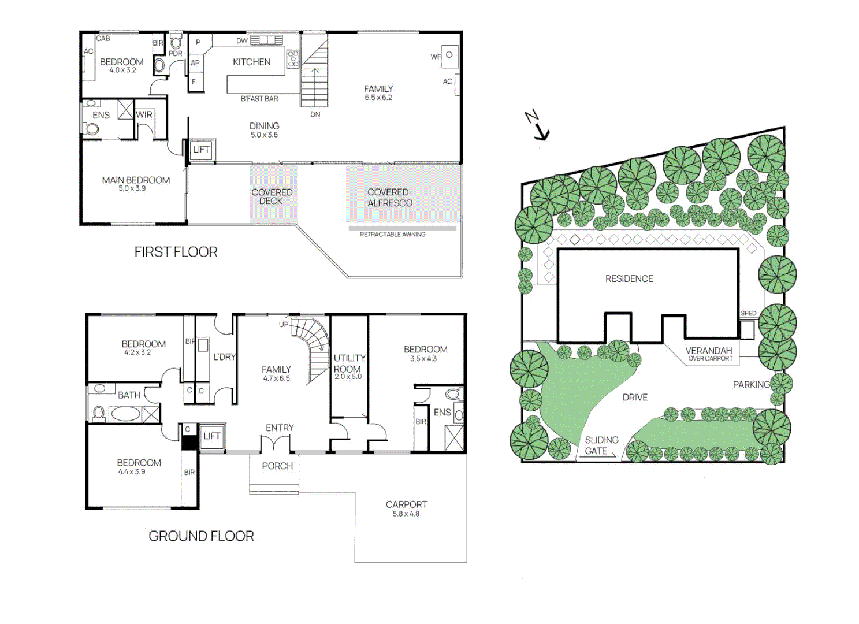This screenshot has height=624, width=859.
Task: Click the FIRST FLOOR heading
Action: pyautogui.click(x=176, y=252)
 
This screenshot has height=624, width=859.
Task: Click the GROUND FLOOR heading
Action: pyautogui.click(x=201, y=536)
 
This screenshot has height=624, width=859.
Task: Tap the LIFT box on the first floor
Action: pyautogui.click(x=202, y=150)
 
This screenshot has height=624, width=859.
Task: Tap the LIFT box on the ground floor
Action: pyautogui.click(x=211, y=436)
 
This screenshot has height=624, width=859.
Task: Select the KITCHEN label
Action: pyautogui.click(x=251, y=62)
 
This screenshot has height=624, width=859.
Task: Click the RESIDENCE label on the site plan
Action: pyautogui.click(x=629, y=278)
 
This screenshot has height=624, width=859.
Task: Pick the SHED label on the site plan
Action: pyautogui.click(x=748, y=313)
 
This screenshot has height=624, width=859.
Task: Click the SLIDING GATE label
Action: pyautogui.click(x=601, y=445)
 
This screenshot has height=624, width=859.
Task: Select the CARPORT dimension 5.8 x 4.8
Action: pyautogui.click(x=406, y=514)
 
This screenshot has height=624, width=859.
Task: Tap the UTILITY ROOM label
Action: pyautogui.click(x=349, y=363)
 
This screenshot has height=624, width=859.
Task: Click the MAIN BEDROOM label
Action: pyautogui.click(x=136, y=180)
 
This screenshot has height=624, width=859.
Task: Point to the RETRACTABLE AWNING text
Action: pyautogui.click(x=392, y=234)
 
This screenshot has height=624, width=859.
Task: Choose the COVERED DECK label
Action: pyautogui.click(x=272, y=196)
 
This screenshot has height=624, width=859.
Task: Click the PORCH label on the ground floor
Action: pyautogui.click(x=277, y=466)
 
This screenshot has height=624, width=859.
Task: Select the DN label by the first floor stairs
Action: pyautogui.click(x=315, y=114)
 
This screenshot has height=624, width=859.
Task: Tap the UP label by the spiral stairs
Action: pyautogui.click(x=284, y=324)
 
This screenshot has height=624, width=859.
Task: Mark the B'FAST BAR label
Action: pyautogui.click(x=259, y=99)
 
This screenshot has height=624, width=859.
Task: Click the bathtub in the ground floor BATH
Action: pyautogui.click(x=125, y=414)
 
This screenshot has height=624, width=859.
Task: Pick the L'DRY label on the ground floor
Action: pyautogui.click(x=224, y=357)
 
